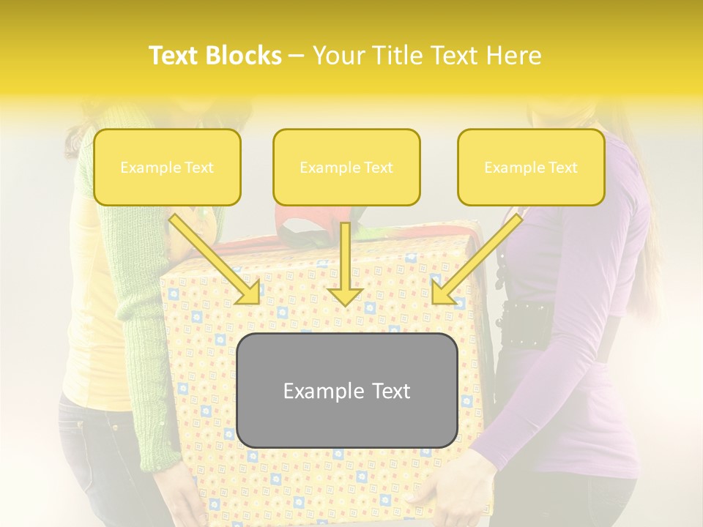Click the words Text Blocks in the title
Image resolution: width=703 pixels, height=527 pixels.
(x=215, y=56)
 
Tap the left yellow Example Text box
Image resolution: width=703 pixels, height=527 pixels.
(x=167, y=167)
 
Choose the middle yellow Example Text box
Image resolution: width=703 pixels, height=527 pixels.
(x=346, y=167)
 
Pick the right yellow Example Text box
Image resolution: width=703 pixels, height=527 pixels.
(x=531, y=167)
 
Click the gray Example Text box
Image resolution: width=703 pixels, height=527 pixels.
(x=346, y=390)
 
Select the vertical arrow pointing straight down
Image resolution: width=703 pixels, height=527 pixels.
(x=345, y=263)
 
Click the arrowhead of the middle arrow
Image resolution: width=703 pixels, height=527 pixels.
(x=345, y=296)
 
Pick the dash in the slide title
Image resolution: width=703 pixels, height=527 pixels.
(x=297, y=56)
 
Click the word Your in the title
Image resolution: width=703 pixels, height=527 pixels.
(x=338, y=56)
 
